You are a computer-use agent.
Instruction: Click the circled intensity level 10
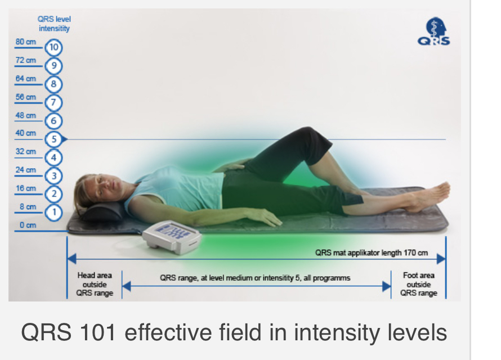(53, 48)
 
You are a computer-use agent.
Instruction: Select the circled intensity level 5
(53, 139)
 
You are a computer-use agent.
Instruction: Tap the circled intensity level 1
(53, 212)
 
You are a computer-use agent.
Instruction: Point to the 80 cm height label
(26, 42)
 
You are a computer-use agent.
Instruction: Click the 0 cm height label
(28, 225)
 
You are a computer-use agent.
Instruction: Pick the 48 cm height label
(26, 115)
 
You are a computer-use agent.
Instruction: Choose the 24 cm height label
(26, 170)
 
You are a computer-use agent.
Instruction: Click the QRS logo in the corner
(434, 31)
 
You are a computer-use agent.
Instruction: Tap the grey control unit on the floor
(172, 236)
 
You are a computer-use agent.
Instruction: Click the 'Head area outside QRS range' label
(95, 284)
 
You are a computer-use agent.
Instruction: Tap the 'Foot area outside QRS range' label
(419, 284)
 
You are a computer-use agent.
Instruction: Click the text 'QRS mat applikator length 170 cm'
(372, 253)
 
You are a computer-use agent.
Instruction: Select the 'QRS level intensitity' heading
(54, 24)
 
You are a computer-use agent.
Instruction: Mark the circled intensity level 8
(53, 84)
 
